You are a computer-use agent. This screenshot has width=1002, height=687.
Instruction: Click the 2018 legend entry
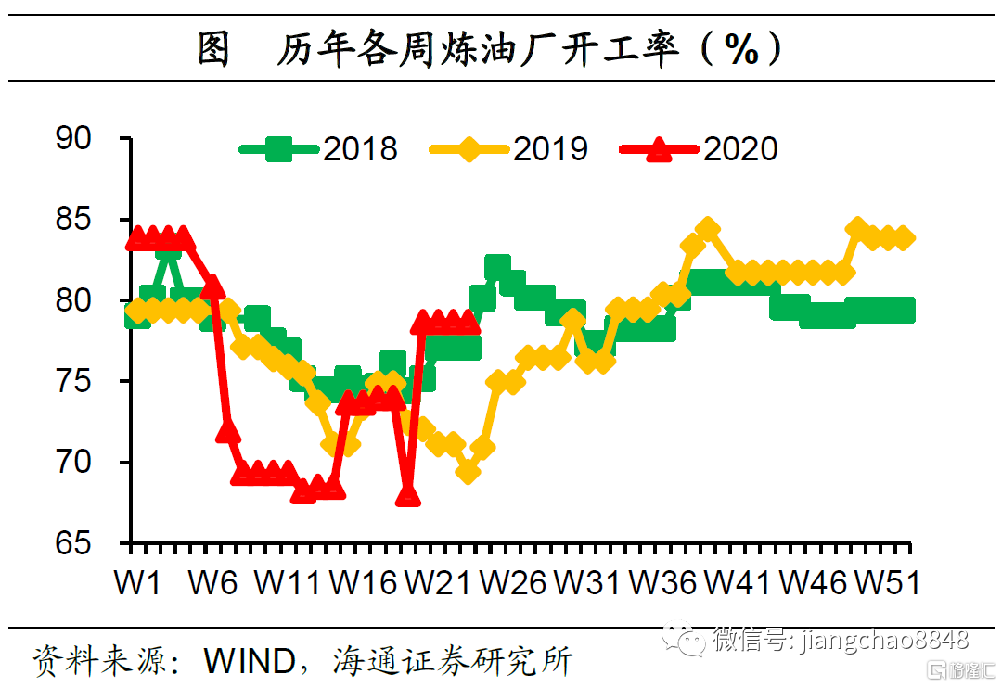pyautogui.click(x=321, y=148)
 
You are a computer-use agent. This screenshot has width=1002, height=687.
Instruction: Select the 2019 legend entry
pyautogui.click(x=510, y=148)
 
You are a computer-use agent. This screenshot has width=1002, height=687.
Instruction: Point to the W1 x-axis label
pyautogui.click(x=136, y=583)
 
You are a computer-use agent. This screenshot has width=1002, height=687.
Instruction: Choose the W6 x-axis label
pyautogui.click(x=212, y=583)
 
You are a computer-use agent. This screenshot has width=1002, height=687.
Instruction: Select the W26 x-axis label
pyautogui.click(x=513, y=583)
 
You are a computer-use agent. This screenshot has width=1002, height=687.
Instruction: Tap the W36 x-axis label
pyautogui.click(x=662, y=583)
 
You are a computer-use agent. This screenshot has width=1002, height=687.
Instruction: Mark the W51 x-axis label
pyautogui.click(x=887, y=583)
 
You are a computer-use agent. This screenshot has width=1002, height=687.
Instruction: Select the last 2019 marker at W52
pyautogui.click(x=905, y=238)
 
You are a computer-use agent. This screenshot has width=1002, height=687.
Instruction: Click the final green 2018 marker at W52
pyautogui.click(x=905, y=310)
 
